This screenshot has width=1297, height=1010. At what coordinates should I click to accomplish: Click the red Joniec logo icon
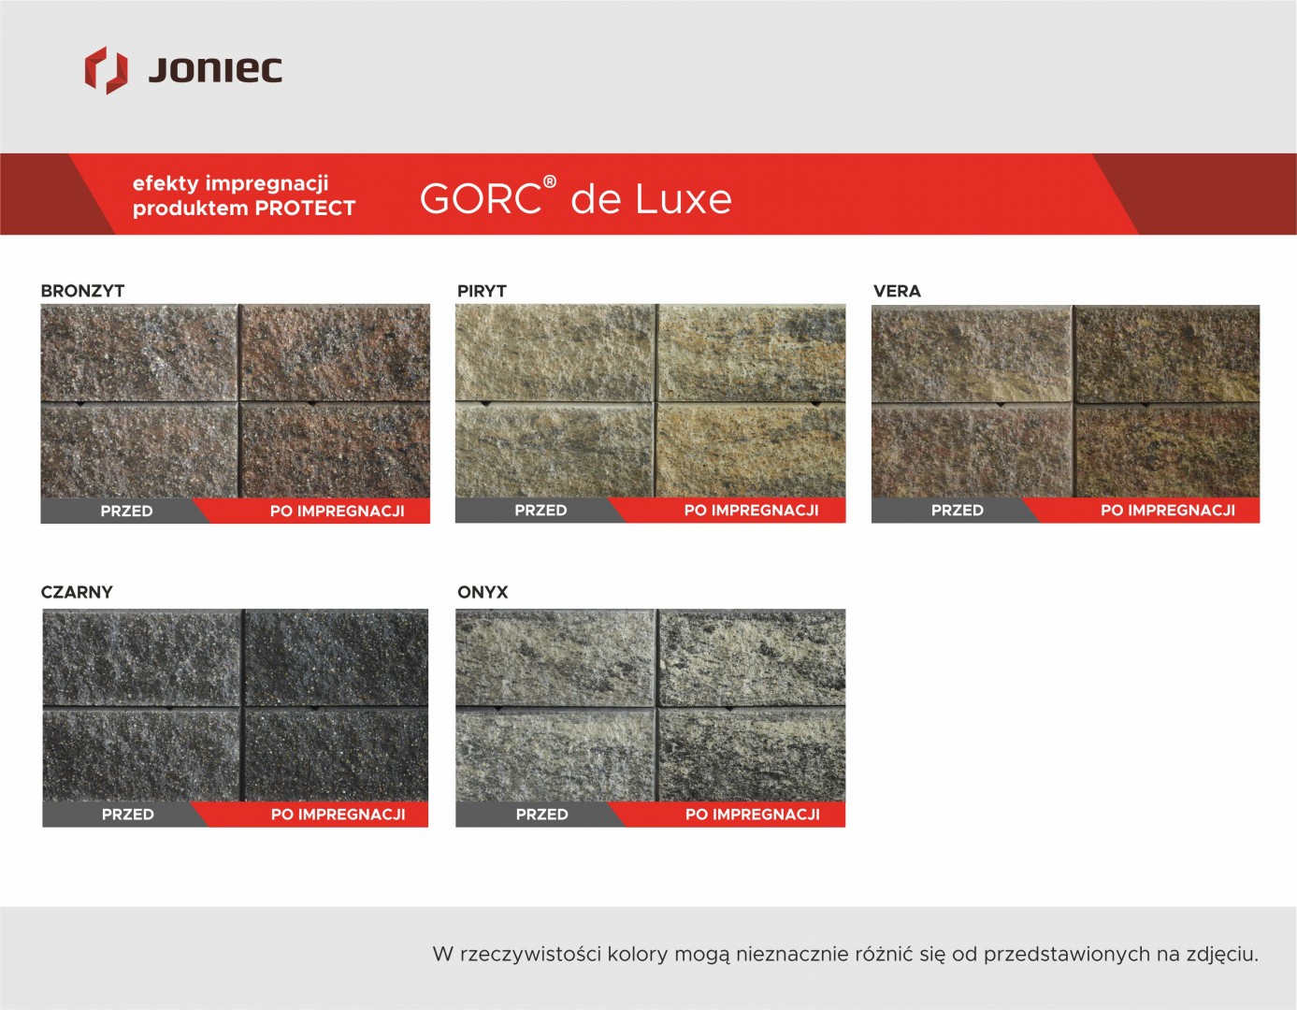[107, 70]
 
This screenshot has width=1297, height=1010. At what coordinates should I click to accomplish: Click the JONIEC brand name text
[215, 70]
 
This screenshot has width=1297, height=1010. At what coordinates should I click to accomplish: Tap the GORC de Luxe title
[576, 197]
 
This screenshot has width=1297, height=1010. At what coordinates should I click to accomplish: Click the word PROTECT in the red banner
[305, 209]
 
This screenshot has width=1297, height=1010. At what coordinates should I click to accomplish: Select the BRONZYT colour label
[82, 291]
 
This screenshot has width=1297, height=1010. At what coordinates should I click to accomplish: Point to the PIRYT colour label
[482, 291]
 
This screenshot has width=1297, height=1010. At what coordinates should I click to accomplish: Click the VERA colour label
[897, 291]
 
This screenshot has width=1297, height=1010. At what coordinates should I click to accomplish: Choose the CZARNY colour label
[77, 592]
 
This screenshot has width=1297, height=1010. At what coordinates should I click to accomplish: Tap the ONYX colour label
[483, 592]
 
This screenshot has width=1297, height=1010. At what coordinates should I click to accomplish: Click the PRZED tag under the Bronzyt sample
[126, 511]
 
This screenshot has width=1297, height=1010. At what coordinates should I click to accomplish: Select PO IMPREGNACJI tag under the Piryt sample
[752, 511]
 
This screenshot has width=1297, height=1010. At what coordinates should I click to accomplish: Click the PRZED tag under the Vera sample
[958, 511]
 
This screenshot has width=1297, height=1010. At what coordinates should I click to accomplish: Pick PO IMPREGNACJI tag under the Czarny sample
[339, 815]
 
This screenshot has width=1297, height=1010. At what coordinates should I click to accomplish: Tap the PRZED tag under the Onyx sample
[542, 815]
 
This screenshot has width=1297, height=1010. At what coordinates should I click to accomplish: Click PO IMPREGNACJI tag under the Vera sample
[1168, 511]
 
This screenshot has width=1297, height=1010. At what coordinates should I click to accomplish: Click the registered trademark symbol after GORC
[550, 181]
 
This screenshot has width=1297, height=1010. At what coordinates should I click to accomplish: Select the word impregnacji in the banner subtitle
[267, 184]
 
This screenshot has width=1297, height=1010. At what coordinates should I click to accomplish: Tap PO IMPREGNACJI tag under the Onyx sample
[753, 815]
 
